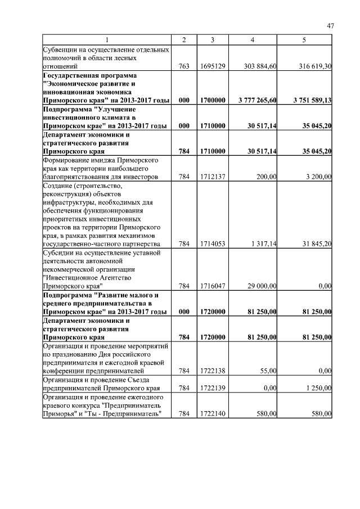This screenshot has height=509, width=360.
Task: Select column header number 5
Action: tap(304, 40)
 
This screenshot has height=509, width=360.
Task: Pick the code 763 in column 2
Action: tap(183, 66)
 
